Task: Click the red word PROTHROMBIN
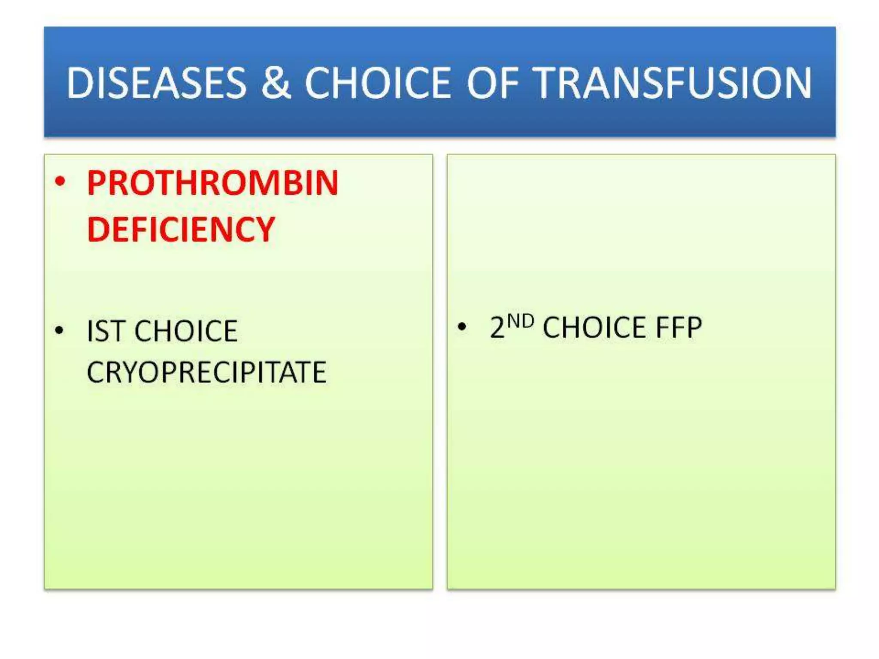212,183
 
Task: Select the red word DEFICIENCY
181,230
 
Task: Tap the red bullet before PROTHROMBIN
60,182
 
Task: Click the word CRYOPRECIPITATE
206,372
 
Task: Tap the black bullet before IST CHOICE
59,331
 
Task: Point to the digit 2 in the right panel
497,328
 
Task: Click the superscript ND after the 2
521,321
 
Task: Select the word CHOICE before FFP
594,328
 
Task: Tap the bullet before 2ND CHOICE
462,327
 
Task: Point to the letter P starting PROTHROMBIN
97,183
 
